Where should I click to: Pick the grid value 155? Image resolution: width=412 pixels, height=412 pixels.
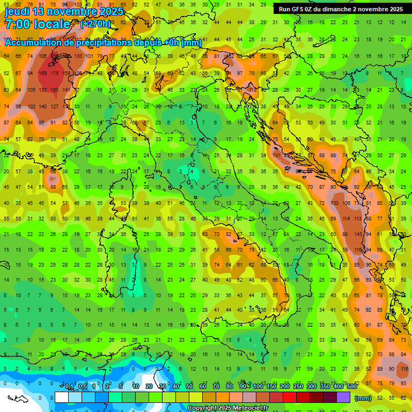pos(55,90)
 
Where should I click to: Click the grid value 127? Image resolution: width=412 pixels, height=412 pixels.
pos(55,106)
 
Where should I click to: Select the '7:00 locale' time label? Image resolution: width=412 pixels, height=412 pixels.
pos(38,24)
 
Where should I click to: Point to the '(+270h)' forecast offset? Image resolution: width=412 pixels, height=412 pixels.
pos(95,24)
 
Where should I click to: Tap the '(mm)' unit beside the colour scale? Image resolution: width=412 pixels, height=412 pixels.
pos(363,398)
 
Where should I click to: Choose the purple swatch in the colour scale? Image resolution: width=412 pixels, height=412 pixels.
pos(343,397)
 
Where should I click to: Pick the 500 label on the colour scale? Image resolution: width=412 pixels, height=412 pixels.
pos(351,386)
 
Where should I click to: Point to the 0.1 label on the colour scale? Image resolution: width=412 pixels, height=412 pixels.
pos(69,386)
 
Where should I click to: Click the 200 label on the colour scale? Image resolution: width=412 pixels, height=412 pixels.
pos(284,386)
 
